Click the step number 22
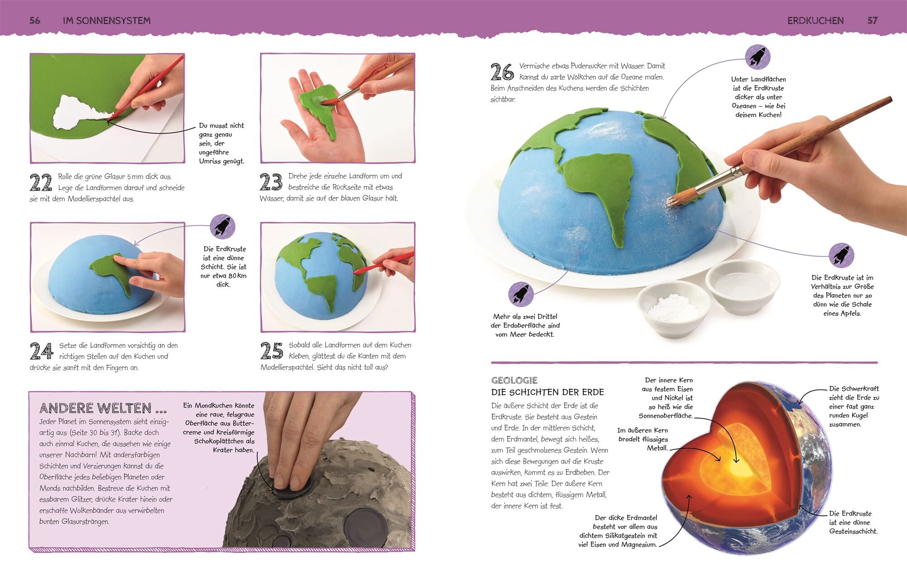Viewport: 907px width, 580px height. (41, 183)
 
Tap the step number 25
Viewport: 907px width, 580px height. (272, 351)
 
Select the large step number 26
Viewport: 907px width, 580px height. (502, 72)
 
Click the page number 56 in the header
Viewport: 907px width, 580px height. (35, 20)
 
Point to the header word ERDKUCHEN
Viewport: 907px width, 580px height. (816, 20)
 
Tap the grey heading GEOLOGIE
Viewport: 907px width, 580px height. (514, 381)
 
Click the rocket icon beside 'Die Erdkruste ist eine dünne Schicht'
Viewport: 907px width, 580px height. (222, 227)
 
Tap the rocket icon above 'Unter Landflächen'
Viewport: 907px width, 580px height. (758, 57)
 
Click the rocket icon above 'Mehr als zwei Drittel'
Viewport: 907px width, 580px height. (521, 294)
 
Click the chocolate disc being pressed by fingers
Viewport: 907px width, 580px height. (293, 489)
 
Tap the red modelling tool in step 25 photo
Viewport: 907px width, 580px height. (383, 264)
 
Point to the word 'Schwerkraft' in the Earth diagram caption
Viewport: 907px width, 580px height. (854, 389)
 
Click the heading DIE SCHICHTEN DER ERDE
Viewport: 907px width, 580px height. (547, 392)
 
